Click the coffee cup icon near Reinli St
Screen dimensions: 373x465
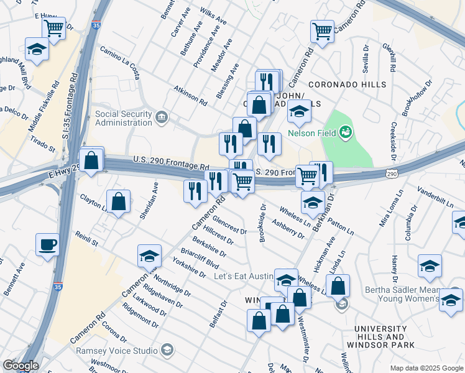coord(47,245)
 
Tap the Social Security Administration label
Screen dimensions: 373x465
coord(123,118)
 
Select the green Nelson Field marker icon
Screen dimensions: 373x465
coord(346,131)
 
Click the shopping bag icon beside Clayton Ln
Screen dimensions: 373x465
coord(118,202)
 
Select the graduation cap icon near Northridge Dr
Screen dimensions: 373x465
coord(149,256)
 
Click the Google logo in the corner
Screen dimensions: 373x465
coord(20,366)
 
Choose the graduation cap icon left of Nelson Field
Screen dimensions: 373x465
coord(299,113)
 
